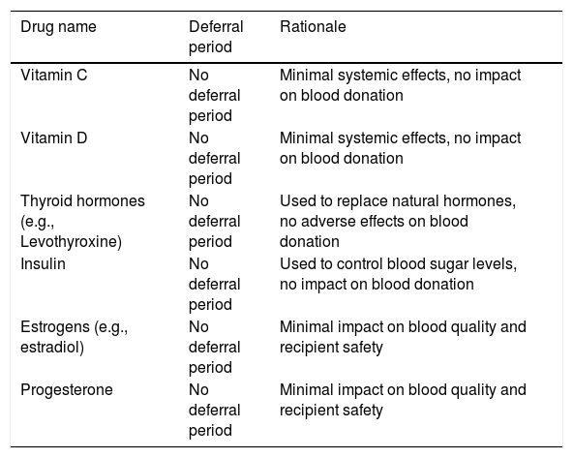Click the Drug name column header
tap(58, 27)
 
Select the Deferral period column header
tap(216, 37)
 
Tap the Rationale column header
tap(313, 27)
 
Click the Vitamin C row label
tap(54, 75)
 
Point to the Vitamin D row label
tap(54, 137)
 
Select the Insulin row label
tap(43, 263)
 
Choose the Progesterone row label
tap(67, 389)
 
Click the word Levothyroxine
tap(71, 242)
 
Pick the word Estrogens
tap(55, 327)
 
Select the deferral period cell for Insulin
tap(214, 284)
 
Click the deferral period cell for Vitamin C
tap(214, 96)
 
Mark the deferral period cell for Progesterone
tap(214, 410)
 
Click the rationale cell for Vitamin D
tap(400, 148)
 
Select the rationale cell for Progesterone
tap(403, 400)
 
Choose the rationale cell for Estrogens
tap(403, 337)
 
